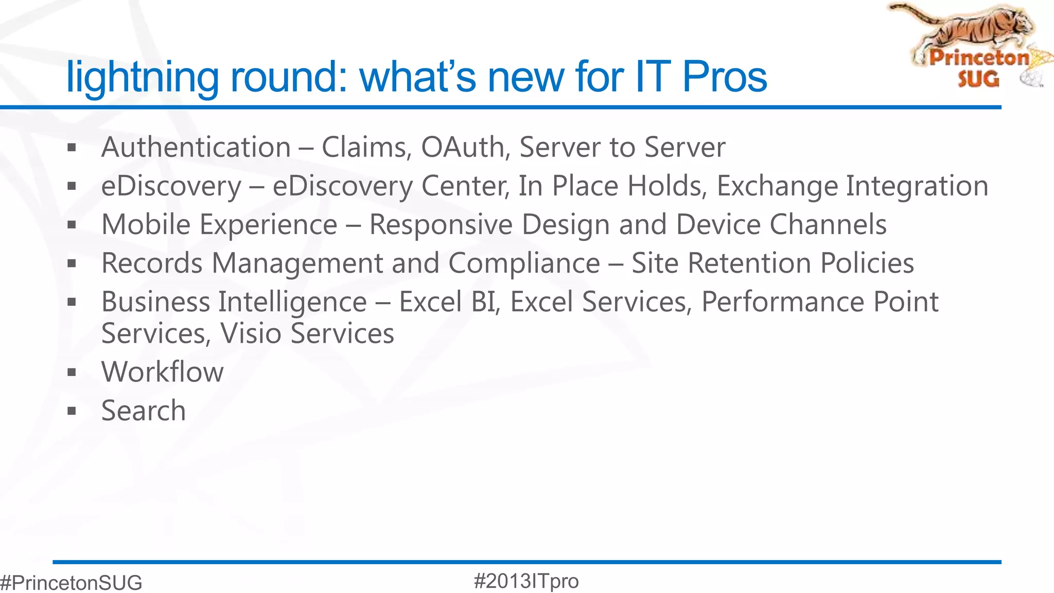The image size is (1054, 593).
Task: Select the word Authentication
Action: click(x=196, y=147)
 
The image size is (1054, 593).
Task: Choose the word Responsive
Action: click(x=441, y=225)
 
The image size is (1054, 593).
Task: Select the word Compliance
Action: click(x=524, y=264)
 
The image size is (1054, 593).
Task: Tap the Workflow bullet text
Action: click(x=163, y=372)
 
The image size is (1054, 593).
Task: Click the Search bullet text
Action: click(x=144, y=411)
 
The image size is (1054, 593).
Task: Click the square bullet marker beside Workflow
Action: click(x=72, y=373)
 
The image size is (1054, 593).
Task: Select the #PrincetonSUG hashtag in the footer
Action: click(x=71, y=583)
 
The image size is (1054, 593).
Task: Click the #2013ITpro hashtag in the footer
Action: click(x=526, y=581)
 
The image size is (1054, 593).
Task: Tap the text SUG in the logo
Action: click(x=978, y=79)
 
